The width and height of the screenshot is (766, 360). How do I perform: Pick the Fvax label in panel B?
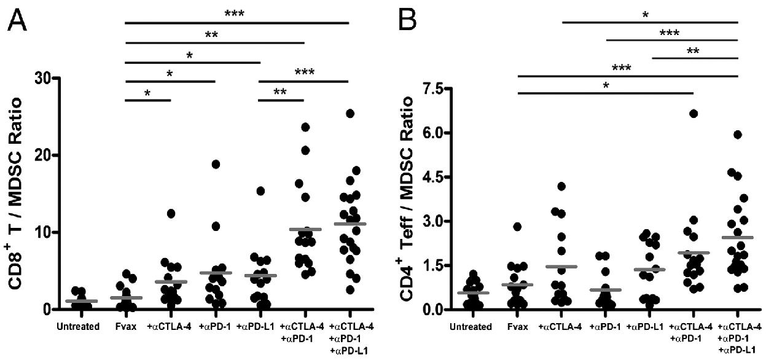coord(520,327)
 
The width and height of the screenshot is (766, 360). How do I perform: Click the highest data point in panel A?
coord(350,114)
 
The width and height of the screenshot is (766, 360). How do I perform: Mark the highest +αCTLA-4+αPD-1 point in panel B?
coord(694,114)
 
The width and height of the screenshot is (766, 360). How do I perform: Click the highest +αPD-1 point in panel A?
coord(216,164)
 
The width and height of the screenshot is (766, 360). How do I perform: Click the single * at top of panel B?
coord(647,14)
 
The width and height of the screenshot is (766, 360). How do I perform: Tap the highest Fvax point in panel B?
coord(518,227)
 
